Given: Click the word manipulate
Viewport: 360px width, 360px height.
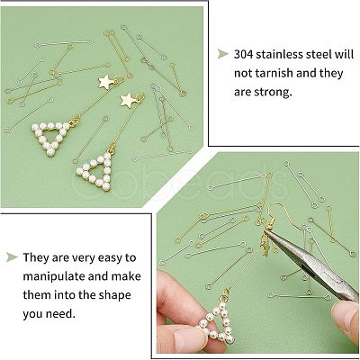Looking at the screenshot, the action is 54,276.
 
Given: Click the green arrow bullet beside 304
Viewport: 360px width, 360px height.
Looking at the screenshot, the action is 222,54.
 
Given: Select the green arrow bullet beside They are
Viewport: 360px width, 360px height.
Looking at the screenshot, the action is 12,257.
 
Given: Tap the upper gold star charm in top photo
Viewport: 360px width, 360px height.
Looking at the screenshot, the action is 105,82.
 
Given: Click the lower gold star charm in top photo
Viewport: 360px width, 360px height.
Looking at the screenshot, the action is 129,100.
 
